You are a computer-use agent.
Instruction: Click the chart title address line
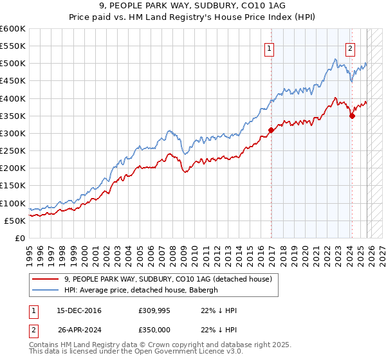tap(192, 6)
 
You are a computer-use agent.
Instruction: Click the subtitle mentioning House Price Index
tap(192, 17)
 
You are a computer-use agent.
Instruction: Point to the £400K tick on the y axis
tap(14, 98)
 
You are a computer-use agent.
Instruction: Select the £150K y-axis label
tap(14, 186)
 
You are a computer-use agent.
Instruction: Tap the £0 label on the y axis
tap(20, 238)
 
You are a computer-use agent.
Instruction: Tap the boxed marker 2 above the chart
tap(350, 47)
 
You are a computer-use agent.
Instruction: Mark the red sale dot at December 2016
tap(271, 130)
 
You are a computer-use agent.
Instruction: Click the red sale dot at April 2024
tap(353, 116)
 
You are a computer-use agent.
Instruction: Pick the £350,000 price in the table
tap(153, 328)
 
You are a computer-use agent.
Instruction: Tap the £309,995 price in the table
tap(153, 310)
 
